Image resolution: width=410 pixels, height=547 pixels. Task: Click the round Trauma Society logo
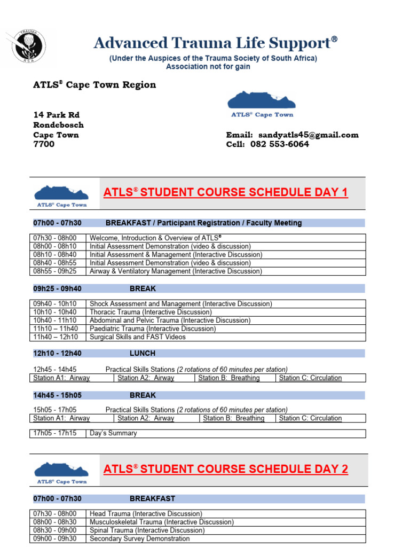pos(26,45)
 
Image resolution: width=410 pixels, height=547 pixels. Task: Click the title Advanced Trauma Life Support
pos(216,43)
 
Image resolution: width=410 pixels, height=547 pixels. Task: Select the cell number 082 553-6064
pos(283,144)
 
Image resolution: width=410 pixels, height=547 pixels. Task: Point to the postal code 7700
pos(44,144)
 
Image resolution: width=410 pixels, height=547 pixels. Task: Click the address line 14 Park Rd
pos(57,115)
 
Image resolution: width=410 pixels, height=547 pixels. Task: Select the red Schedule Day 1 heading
pos(225,192)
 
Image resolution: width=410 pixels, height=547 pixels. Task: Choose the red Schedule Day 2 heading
pos(225,469)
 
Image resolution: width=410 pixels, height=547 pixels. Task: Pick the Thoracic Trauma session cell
pos(151,312)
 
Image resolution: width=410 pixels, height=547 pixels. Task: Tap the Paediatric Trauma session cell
pos(153,329)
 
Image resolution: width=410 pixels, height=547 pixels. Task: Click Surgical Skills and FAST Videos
pos(138,337)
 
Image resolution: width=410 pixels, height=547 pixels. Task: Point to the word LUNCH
pos(143,353)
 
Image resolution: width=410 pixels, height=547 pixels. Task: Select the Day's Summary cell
pos(113,433)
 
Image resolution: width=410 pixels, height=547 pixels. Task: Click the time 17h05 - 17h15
pos(55,433)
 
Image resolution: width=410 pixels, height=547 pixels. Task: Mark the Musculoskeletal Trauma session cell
pos(161,522)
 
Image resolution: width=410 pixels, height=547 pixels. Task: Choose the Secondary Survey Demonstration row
pos(139,538)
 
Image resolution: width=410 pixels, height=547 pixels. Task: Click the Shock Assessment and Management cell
pos(180,304)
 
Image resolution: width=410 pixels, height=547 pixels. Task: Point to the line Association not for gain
pos(208,67)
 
